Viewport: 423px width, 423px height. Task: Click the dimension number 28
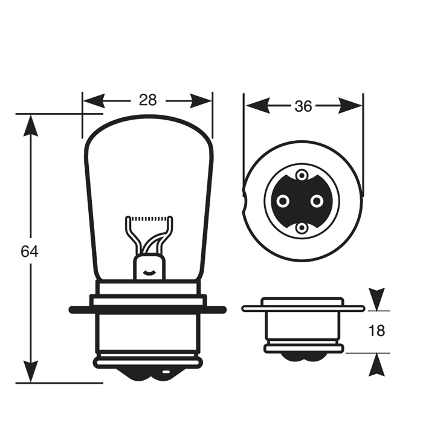147,100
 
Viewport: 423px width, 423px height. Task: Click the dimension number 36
303,106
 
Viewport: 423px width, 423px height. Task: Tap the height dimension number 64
29,251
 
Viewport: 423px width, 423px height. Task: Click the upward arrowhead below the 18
377,364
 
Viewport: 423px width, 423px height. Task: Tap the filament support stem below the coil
149,266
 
